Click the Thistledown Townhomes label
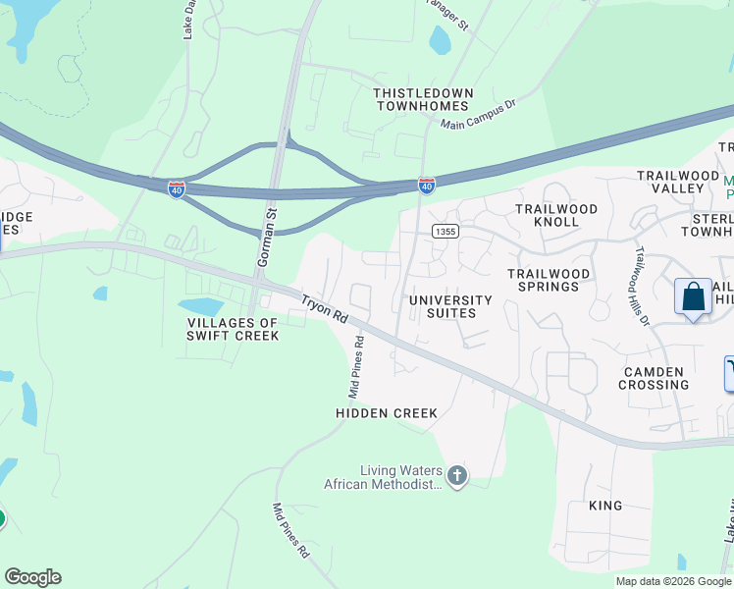[423, 100]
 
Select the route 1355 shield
[444, 231]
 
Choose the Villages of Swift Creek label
[235, 329]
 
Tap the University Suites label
[450, 306]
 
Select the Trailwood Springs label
[549, 280]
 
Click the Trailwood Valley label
[678, 183]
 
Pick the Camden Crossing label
[654, 378]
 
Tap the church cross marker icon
[456, 476]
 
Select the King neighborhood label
[605, 506]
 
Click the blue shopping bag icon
[693, 296]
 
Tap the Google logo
[32, 577]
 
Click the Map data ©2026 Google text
[673, 581]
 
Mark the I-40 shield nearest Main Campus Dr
[426, 184]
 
